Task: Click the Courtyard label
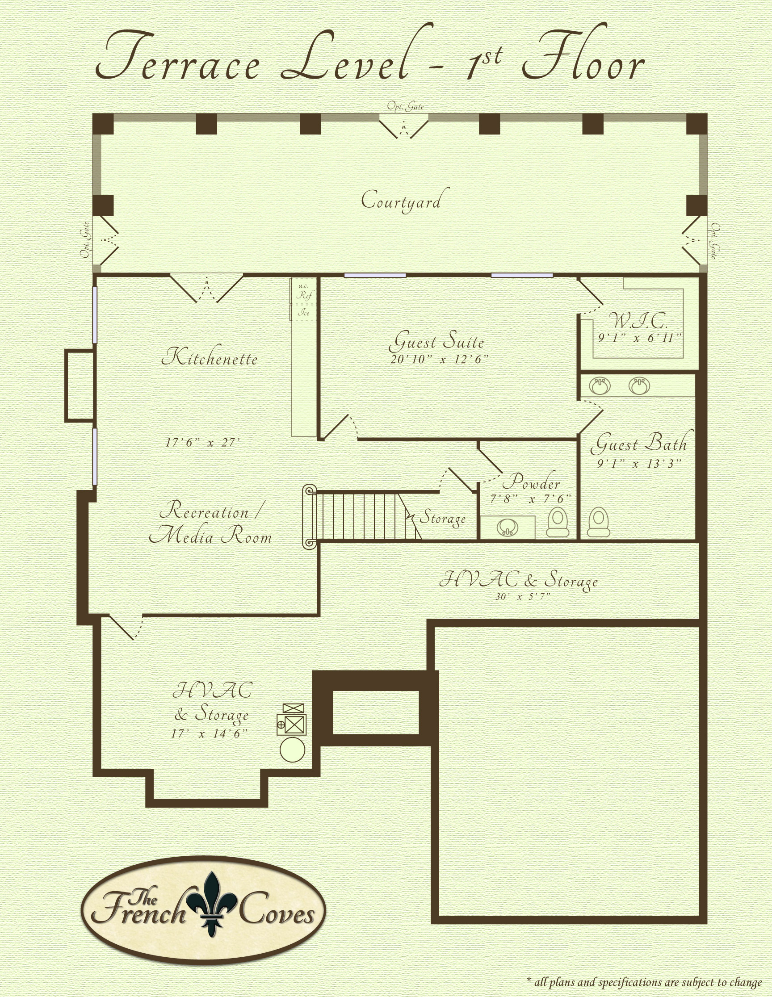(401, 201)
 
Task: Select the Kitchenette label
(210, 357)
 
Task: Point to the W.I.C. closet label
(639, 321)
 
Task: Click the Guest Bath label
(639, 443)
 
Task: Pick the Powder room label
(531, 481)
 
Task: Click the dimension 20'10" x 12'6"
(439, 359)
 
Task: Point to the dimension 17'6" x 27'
(202, 442)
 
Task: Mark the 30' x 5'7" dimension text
(523, 596)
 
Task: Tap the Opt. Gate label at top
(405, 106)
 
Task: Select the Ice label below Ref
(304, 313)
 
